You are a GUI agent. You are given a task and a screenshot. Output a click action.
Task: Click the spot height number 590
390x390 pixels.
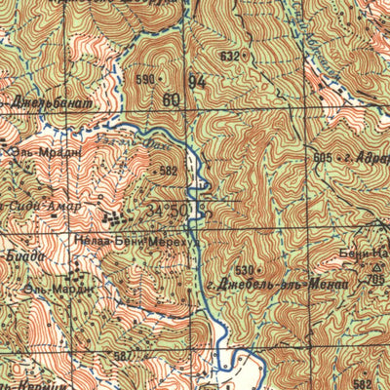coord(146,80)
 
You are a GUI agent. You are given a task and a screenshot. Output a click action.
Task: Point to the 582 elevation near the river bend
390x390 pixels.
coord(169,171)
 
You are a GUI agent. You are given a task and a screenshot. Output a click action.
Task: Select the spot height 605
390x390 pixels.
coord(324,157)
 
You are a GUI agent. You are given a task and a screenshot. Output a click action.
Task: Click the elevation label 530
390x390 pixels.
coord(243,268)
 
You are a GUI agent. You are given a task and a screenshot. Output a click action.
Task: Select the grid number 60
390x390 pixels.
coord(173,99)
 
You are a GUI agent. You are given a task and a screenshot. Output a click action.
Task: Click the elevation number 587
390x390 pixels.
coord(121,356)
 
